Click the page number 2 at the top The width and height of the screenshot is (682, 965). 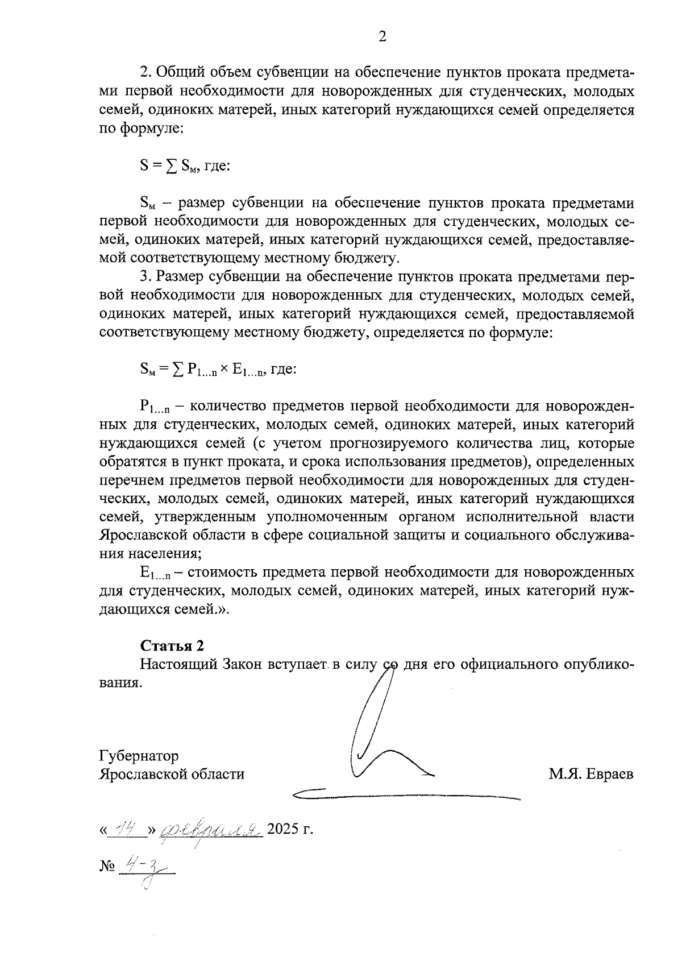(x=382, y=38)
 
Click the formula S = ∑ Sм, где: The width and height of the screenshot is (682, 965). (x=184, y=166)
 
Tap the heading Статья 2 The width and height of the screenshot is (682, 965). (x=172, y=646)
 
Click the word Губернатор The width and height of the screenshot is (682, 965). (x=139, y=756)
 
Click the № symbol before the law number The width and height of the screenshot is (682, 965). (x=107, y=867)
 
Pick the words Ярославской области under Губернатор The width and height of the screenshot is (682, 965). (x=172, y=774)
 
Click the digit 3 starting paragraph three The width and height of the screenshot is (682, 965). (x=144, y=277)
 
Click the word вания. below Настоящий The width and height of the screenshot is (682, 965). (x=120, y=683)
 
